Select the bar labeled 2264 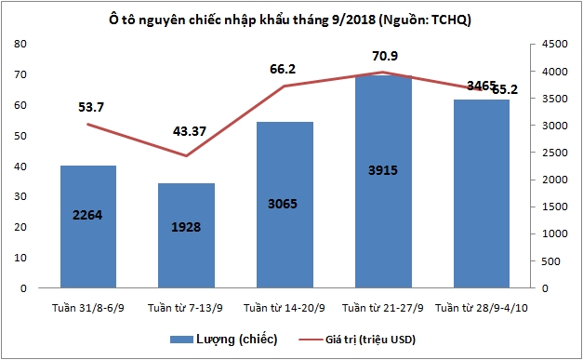(87, 228)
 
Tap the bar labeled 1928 (187, 236)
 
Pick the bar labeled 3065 (285, 205)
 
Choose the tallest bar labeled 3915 (383, 182)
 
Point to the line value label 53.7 (90, 107)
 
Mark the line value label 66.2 (285, 68)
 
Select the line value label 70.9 (382, 54)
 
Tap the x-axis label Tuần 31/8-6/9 (87, 307)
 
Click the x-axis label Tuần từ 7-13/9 (186, 307)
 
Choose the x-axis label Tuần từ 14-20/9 (284, 307)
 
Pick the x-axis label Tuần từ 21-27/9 (382, 307)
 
